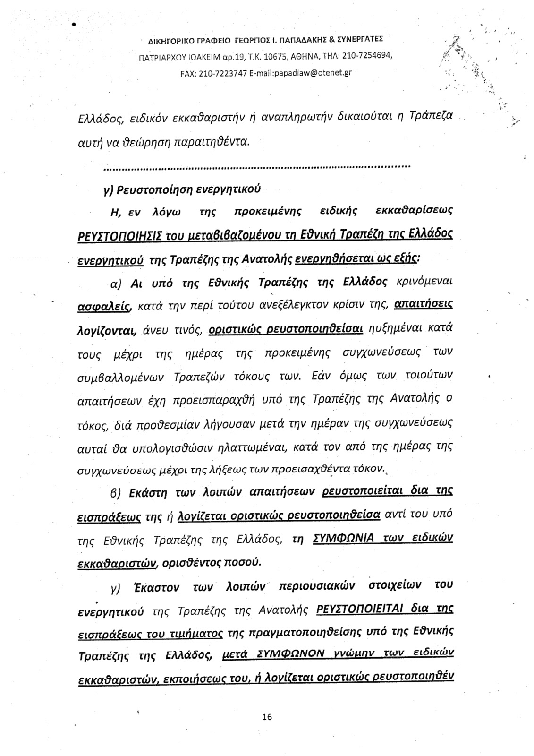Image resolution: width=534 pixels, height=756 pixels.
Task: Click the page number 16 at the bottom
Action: pyautogui.click(x=267, y=717)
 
